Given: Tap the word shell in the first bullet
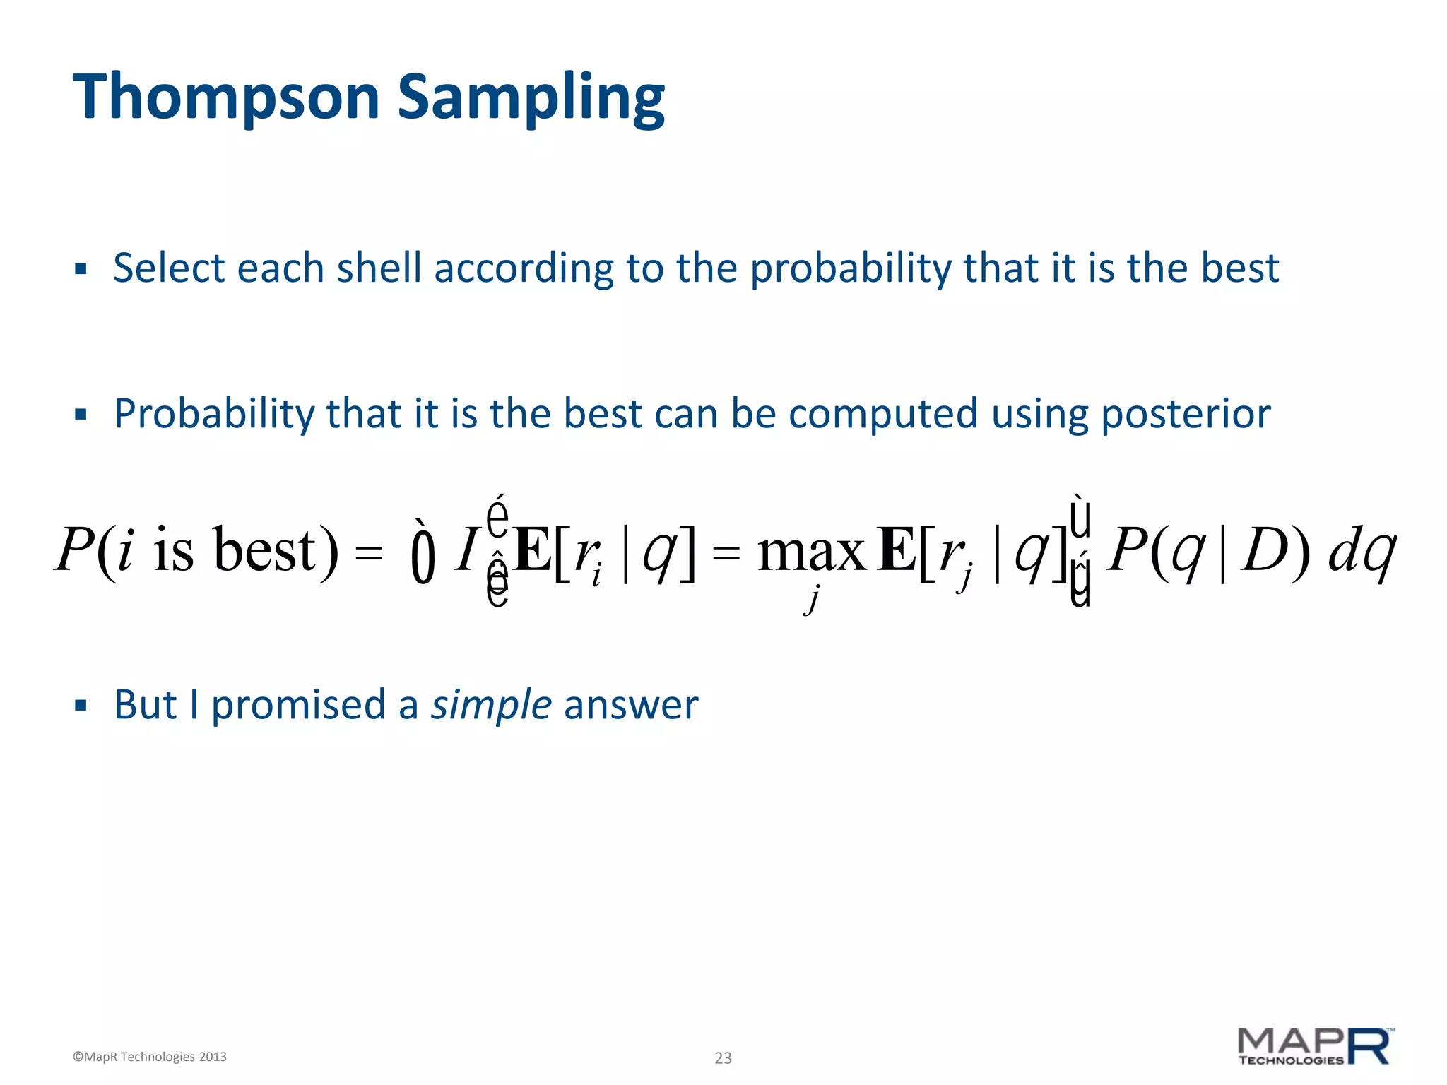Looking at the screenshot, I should (379, 268).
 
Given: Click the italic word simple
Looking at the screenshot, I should (491, 705).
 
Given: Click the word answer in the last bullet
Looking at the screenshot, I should (631, 705).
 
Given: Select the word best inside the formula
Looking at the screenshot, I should (266, 551).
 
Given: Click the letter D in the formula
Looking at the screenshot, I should (1265, 551).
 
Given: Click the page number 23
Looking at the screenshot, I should (723, 1057).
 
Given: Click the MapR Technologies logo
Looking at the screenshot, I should (1315, 1046).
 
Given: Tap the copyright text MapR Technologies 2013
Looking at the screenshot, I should (150, 1057).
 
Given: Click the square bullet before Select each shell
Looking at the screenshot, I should (81, 269).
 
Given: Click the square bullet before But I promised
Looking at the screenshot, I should (81, 705).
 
